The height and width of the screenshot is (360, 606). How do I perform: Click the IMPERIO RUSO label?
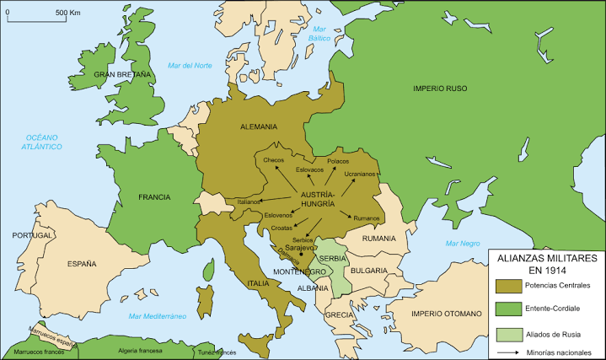click(x=439, y=89)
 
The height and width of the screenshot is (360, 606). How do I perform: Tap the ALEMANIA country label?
click(x=259, y=126)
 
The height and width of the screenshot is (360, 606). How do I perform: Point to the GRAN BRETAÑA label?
click(x=122, y=75)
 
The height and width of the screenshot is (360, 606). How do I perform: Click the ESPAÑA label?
click(x=82, y=263)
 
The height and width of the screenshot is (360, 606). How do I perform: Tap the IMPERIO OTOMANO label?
click(x=446, y=314)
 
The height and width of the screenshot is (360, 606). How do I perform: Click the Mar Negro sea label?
click(x=463, y=243)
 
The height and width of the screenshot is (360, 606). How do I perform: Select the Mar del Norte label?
click(x=190, y=66)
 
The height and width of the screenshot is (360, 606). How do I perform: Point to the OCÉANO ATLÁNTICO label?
click(x=42, y=142)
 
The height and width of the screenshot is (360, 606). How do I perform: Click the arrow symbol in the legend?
click(x=508, y=351)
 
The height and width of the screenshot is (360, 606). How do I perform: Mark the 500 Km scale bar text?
click(x=68, y=13)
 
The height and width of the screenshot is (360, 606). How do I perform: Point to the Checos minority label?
click(x=274, y=160)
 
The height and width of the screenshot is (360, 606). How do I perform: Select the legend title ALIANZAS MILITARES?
click(x=546, y=258)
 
